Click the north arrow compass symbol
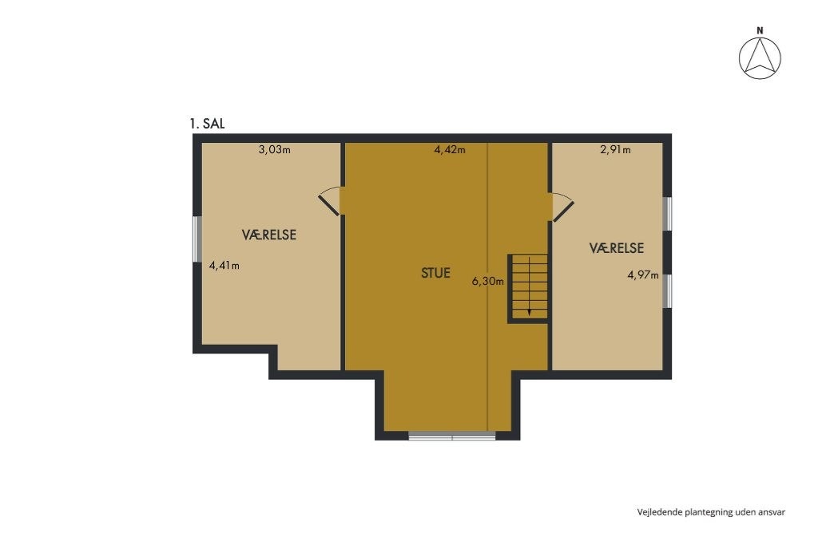point(760,59)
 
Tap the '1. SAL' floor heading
point(206,124)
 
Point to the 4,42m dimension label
point(450,149)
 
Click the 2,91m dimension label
point(615,149)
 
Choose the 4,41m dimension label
point(224,265)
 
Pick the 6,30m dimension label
point(488,281)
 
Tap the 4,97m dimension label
point(643,276)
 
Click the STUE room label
point(435,273)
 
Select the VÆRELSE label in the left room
point(269,235)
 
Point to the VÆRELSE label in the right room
point(617,248)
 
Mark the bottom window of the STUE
point(452,436)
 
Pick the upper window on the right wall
point(669,214)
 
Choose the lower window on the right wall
point(669,290)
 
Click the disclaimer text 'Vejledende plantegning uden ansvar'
point(710,511)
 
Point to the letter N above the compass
point(760,30)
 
